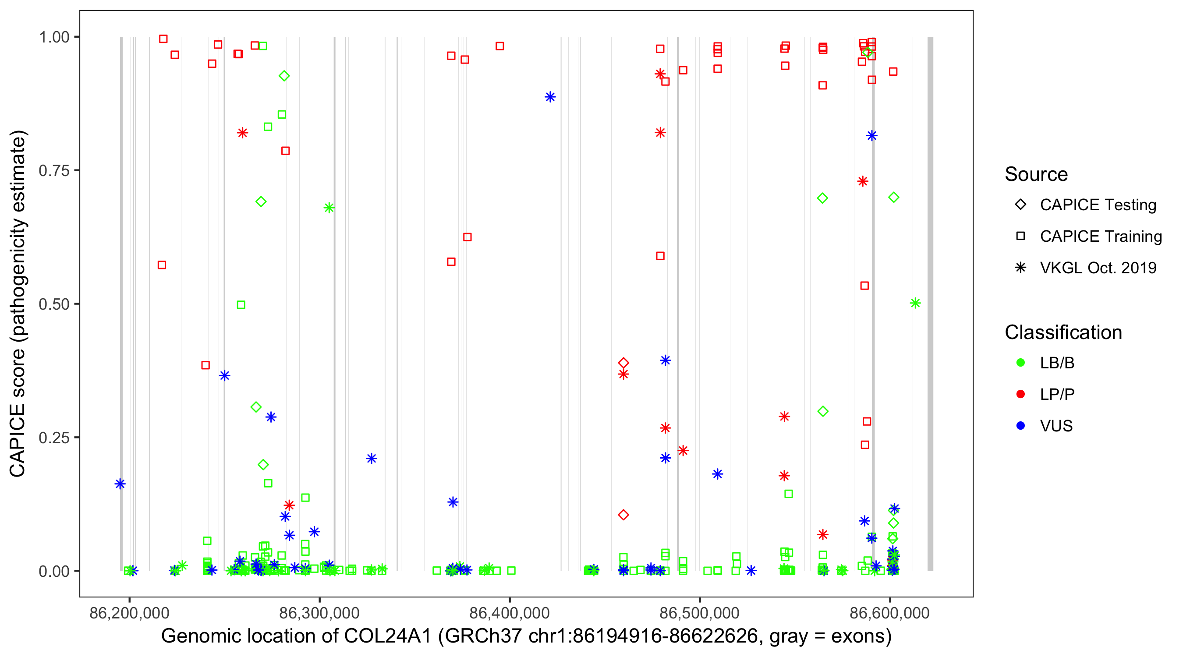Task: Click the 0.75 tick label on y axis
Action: coord(53,171)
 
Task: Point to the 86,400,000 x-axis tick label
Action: coord(509,613)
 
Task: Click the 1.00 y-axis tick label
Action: coord(53,37)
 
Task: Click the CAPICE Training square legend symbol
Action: coord(1020,237)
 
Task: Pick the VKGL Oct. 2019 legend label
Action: coord(1098,268)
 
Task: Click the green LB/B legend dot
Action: coord(1020,363)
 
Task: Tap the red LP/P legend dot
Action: coord(1020,394)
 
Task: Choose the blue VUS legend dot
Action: coord(1020,426)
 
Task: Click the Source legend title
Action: coord(1036,174)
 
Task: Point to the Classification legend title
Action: coord(1063,332)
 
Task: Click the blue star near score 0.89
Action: coord(550,97)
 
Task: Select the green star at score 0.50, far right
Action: coord(915,303)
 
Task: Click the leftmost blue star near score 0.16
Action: coord(120,484)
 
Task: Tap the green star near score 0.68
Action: coord(328,208)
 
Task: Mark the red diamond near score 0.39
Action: coord(623,363)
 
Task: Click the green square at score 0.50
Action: coord(241,305)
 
